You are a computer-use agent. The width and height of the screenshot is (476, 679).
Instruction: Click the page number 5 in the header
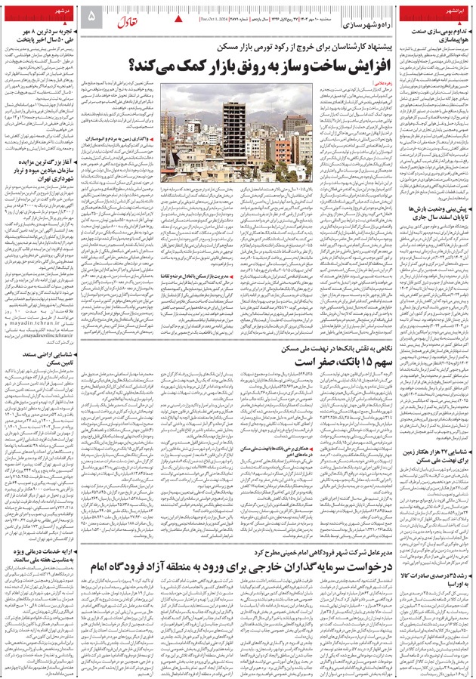[x=91, y=16]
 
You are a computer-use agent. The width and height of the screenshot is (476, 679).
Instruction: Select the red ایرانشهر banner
[x=446, y=16]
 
